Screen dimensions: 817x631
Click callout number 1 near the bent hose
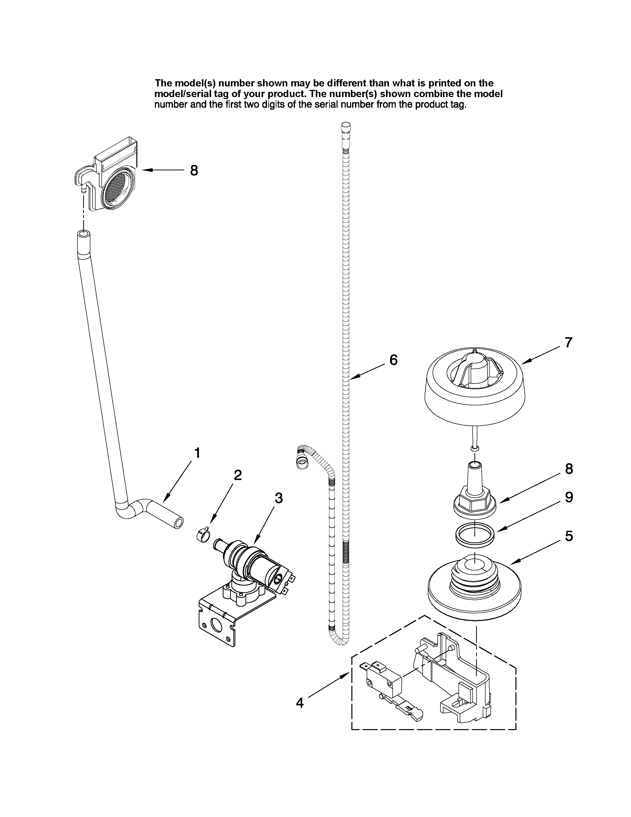tap(197, 453)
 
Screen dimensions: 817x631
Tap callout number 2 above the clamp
tap(238, 475)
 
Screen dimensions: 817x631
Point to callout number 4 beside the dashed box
tap(300, 703)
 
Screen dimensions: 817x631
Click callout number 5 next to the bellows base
tap(569, 536)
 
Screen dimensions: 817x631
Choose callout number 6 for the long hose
tap(393, 360)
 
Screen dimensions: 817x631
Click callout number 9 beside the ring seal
tap(569, 497)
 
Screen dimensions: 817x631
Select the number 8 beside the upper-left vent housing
tap(194, 171)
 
